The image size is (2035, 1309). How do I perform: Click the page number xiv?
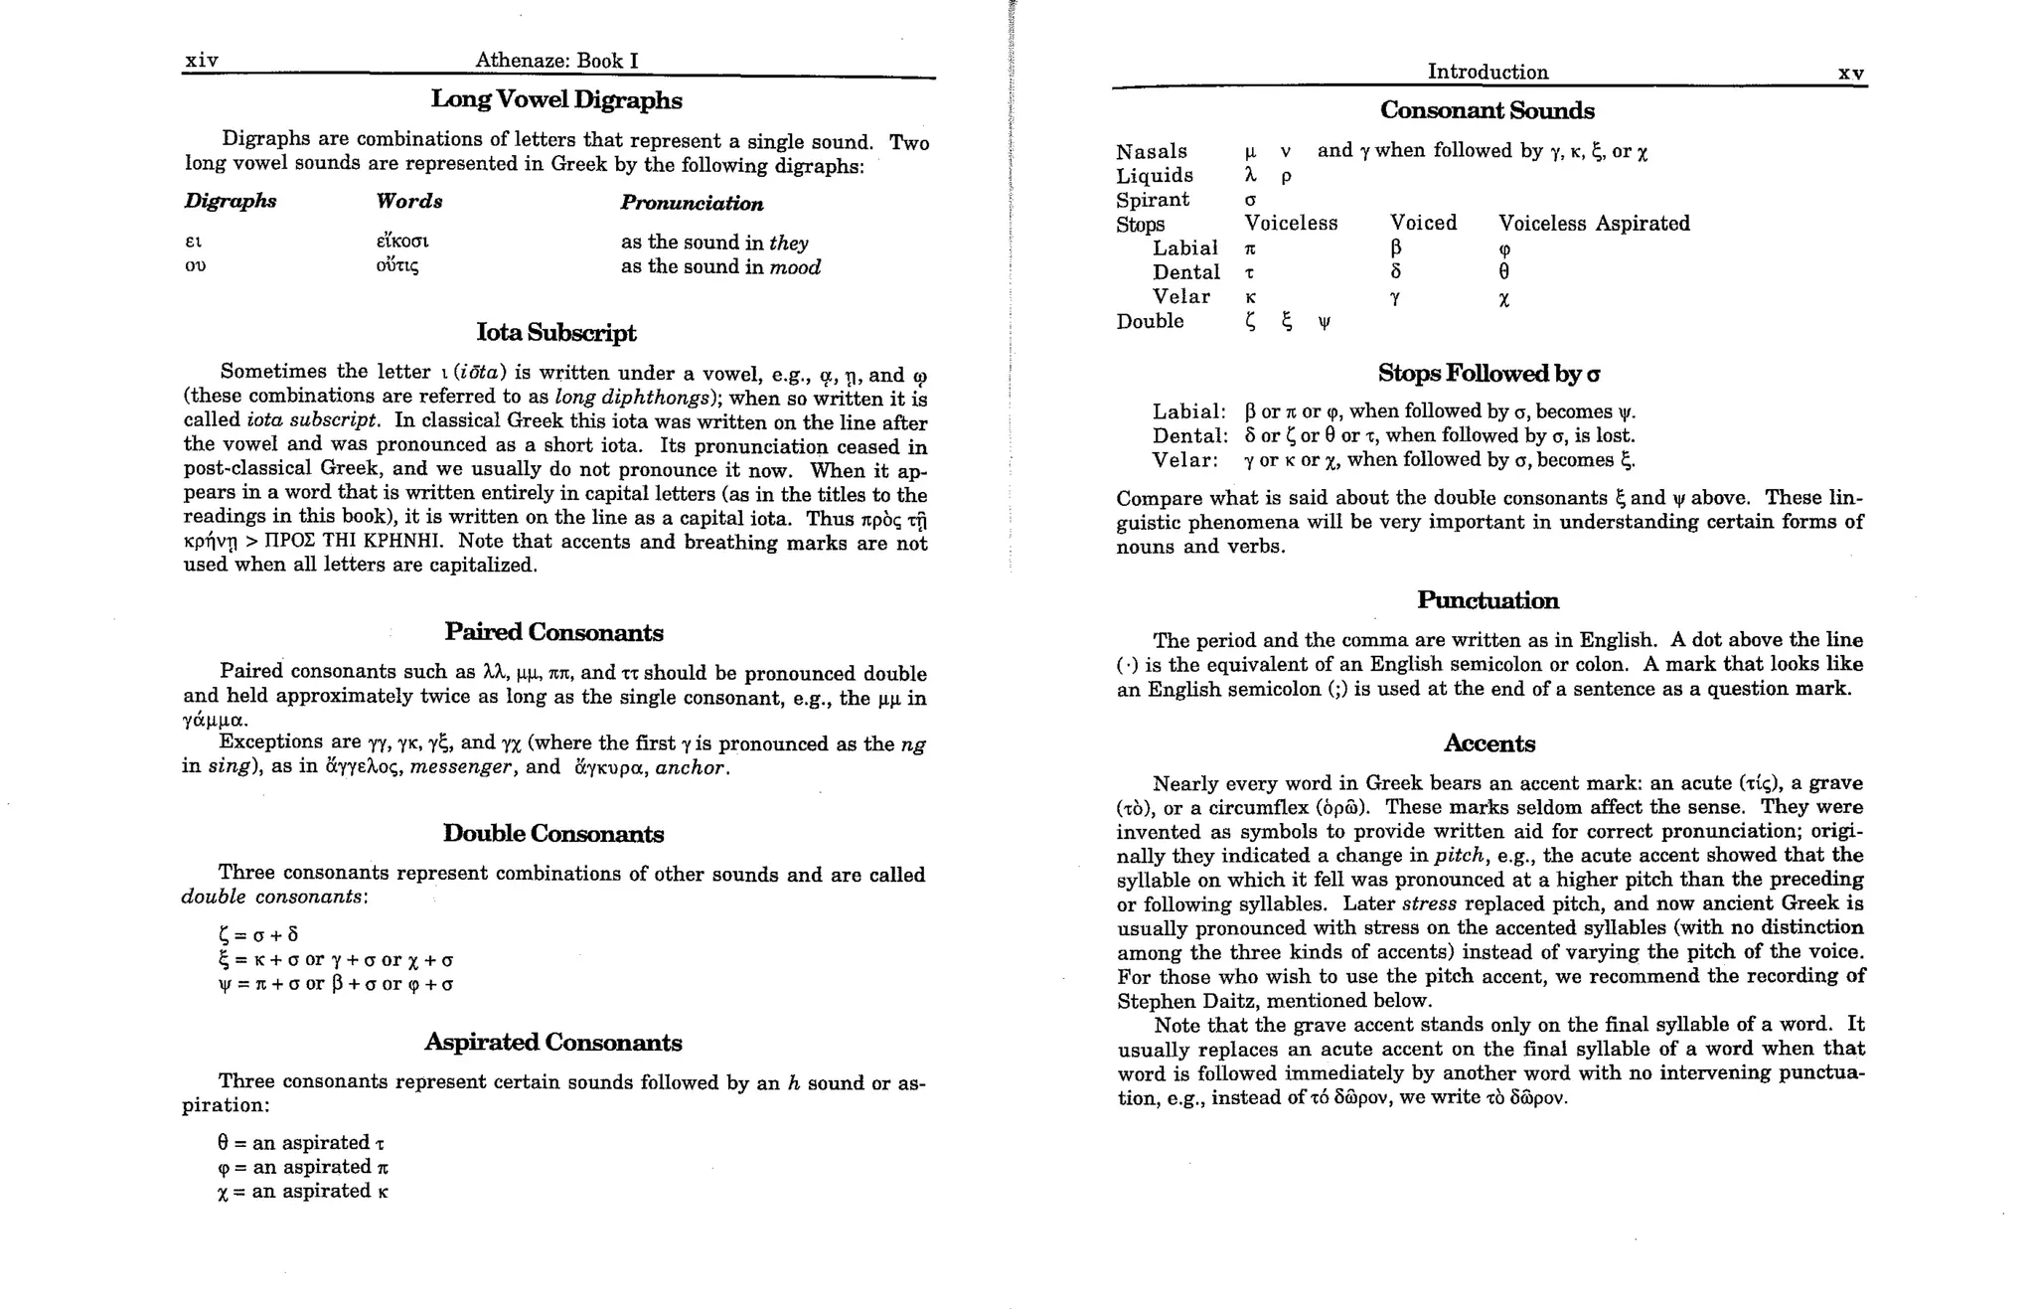point(202,61)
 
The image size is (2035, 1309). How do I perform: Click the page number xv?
point(1850,74)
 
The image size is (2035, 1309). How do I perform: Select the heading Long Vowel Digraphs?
point(556,100)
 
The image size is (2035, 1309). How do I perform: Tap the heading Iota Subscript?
point(556,333)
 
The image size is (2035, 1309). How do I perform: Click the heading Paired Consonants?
point(553,632)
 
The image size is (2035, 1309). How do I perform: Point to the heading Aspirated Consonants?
point(552,1043)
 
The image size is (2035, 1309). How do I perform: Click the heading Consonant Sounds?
point(1487,111)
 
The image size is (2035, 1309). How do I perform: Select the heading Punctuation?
point(1487,600)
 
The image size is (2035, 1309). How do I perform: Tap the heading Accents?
point(1488,743)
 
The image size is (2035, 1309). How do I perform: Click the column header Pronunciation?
point(692,204)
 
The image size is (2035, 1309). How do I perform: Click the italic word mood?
point(795,267)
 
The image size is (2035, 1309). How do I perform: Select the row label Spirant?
point(1152,200)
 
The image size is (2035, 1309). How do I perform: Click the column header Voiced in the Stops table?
point(1423,224)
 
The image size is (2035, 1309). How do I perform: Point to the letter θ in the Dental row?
point(1503,272)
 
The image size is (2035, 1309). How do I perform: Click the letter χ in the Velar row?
point(1503,299)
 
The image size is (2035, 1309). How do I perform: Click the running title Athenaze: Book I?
point(556,61)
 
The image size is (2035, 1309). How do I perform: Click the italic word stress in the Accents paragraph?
point(1428,904)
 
